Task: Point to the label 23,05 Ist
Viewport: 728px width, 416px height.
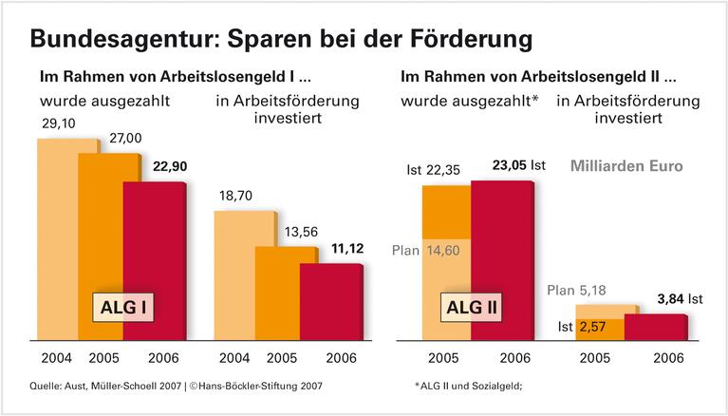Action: (518, 162)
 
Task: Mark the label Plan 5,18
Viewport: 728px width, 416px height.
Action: (575, 289)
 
